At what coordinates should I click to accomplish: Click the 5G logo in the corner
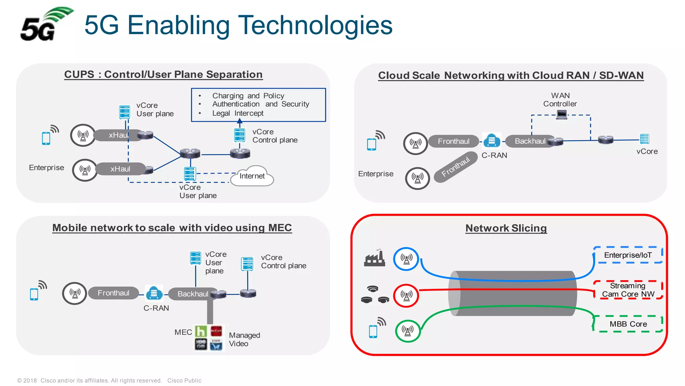[45, 25]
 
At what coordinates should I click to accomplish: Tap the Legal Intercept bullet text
[237, 113]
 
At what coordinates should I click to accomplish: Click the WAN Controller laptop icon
[562, 114]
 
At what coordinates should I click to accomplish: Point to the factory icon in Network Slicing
[374, 258]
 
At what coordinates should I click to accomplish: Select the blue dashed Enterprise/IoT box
[628, 255]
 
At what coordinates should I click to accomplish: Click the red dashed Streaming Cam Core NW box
[628, 290]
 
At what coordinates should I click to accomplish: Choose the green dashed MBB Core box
[628, 324]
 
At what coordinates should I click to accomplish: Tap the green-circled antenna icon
[407, 331]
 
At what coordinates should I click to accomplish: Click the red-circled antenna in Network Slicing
[406, 296]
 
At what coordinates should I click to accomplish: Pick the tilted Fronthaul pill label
[456, 167]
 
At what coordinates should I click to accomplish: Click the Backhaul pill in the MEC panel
[193, 294]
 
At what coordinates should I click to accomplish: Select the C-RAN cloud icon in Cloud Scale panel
[492, 140]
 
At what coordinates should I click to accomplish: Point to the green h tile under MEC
[201, 331]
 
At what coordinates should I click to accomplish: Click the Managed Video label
[244, 339]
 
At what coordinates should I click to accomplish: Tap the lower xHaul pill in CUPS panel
[120, 169]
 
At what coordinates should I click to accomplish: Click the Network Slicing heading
[506, 228]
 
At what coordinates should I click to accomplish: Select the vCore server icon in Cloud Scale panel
[644, 139]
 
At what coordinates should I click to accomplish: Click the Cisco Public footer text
[184, 380]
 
